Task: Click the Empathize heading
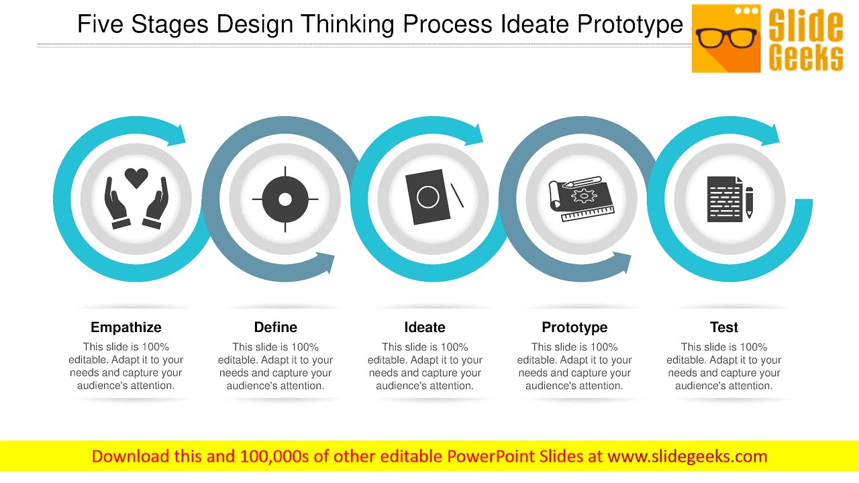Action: (x=126, y=327)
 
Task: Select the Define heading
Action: (x=275, y=327)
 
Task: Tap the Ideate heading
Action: (x=425, y=327)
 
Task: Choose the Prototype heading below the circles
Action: (x=574, y=327)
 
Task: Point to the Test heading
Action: (x=724, y=327)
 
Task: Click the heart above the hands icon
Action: (x=136, y=178)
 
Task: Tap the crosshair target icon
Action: (x=285, y=199)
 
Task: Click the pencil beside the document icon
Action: (x=749, y=202)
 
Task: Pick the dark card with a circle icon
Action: (x=427, y=197)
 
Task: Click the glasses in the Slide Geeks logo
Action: (x=726, y=37)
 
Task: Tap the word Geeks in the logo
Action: (x=805, y=56)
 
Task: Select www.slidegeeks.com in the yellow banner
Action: (x=687, y=457)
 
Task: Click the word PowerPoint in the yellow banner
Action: (x=493, y=457)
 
